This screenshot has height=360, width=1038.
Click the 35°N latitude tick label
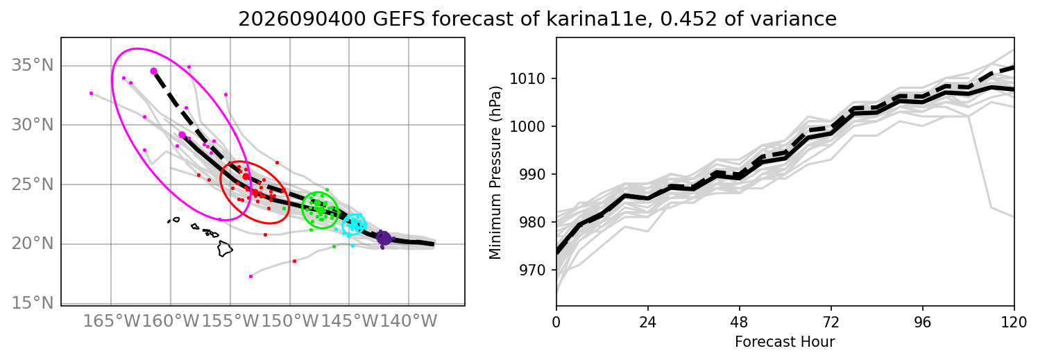(33, 65)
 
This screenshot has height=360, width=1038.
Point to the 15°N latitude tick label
(33, 303)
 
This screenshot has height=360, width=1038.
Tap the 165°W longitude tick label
(111, 321)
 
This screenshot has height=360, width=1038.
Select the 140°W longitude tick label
(409, 321)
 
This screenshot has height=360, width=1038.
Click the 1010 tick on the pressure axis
(527, 79)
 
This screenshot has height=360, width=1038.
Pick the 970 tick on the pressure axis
(531, 270)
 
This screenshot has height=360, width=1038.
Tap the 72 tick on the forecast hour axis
(831, 322)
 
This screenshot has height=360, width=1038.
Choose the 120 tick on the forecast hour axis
(1014, 322)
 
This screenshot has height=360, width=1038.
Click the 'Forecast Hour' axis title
(785, 342)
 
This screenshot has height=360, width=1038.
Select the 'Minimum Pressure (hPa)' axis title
(495, 172)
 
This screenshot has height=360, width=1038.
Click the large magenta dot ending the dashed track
(153, 71)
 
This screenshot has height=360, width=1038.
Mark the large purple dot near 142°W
(384, 238)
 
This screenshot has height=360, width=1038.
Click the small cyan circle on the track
(354, 225)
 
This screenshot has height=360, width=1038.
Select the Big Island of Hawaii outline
(226, 248)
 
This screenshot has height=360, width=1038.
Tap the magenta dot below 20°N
(250, 277)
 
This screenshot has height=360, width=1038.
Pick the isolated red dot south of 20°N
(294, 262)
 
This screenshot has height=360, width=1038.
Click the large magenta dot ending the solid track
(182, 135)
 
